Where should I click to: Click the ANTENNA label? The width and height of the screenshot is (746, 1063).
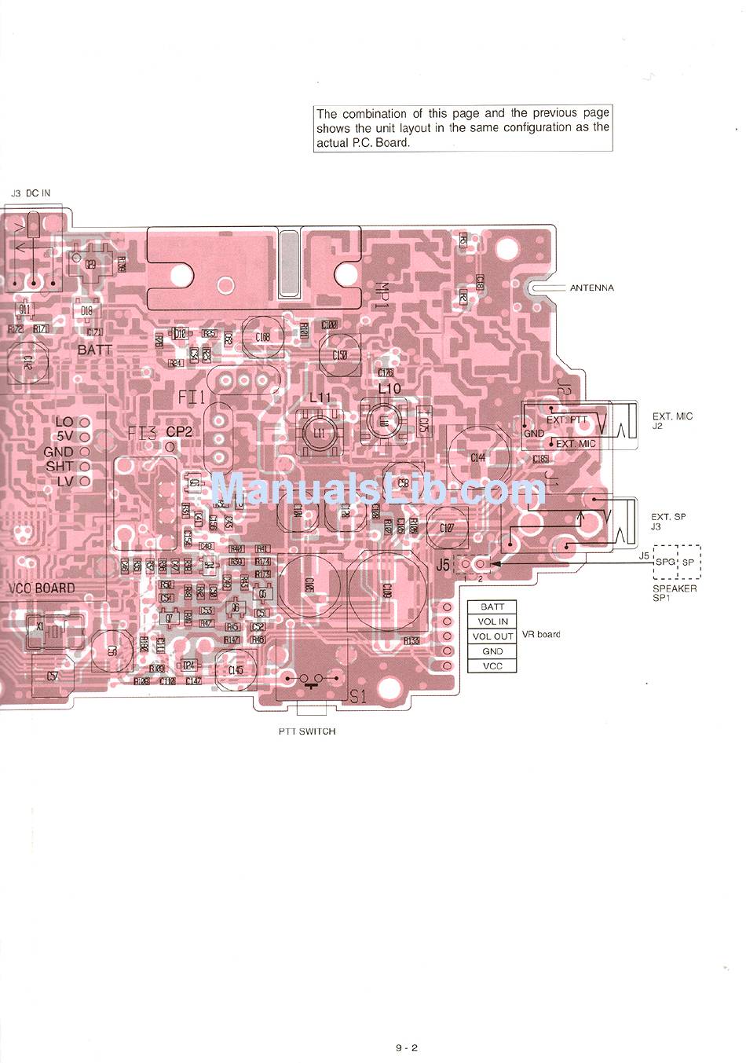tap(591, 288)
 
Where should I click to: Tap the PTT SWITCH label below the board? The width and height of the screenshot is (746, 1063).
tap(306, 731)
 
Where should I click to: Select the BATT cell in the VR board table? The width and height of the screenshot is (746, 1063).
tap(492, 607)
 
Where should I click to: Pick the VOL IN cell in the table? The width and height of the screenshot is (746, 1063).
tap(492, 621)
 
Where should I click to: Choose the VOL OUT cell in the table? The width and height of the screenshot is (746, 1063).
tap(492, 636)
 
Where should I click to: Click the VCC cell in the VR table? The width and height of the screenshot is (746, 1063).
tap(492, 666)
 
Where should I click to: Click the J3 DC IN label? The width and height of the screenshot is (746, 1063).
tap(31, 193)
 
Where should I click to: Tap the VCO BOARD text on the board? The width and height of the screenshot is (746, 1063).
tap(42, 588)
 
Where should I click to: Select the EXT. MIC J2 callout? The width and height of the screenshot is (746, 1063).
tap(672, 421)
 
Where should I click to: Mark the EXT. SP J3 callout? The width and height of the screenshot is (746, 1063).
tap(667, 522)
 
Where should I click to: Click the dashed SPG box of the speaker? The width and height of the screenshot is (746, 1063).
tap(665, 563)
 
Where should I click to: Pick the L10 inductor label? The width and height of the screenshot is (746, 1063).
tap(389, 389)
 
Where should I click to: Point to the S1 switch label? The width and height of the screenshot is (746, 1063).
tap(358, 696)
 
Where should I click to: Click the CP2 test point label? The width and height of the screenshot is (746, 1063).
tap(179, 432)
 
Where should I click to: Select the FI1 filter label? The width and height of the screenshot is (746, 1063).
tap(191, 398)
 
